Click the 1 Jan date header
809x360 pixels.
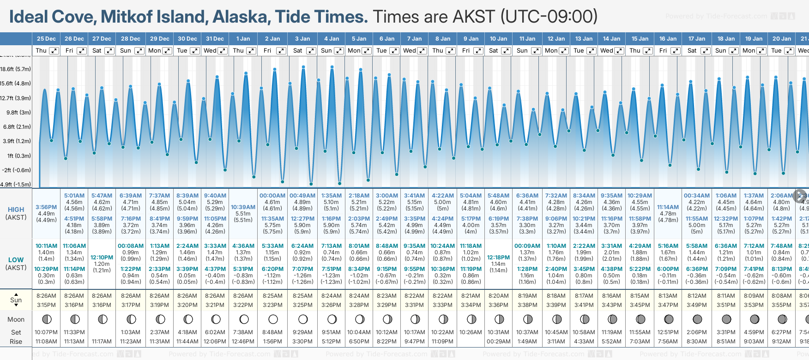(x=243, y=39)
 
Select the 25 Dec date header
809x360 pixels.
(x=46, y=39)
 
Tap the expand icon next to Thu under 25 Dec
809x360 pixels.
(x=54, y=51)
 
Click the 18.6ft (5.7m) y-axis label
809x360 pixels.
(x=16, y=69)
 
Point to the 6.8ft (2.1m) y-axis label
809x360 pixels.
(x=16, y=126)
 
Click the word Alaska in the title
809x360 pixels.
(x=241, y=17)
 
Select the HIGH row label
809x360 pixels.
(x=16, y=210)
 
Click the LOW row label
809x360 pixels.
(x=16, y=260)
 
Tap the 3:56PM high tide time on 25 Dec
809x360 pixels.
(x=46, y=207)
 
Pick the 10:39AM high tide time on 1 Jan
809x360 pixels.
(x=243, y=207)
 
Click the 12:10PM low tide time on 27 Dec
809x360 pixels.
(x=102, y=258)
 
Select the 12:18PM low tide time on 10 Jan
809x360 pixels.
(x=498, y=258)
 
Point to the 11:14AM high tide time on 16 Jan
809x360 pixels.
(x=668, y=207)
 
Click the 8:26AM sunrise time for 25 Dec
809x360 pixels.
(x=46, y=296)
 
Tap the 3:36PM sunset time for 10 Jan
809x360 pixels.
(x=498, y=305)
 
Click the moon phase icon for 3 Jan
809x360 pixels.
(x=303, y=319)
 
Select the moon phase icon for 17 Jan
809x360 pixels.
(x=697, y=319)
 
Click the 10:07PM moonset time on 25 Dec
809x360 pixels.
(x=46, y=332)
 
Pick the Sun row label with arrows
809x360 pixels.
(x=16, y=300)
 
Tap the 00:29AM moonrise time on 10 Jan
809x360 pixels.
(x=498, y=342)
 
